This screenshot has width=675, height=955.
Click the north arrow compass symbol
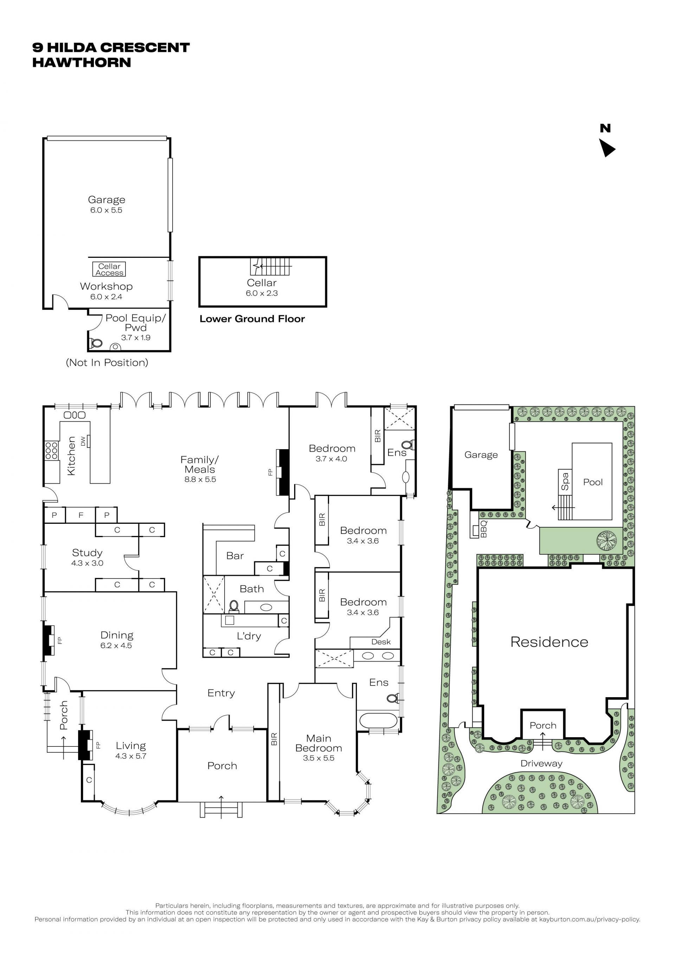point(607,148)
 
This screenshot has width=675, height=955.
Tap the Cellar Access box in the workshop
point(109,269)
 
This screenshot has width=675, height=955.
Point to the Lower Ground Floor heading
point(252,319)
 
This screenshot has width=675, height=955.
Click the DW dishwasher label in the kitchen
point(83,441)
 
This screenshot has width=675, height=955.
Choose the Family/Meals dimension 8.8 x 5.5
point(200,479)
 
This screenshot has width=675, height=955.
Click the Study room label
point(87,553)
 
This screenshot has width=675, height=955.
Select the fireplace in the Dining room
point(49,640)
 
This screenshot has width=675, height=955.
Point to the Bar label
point(235,556)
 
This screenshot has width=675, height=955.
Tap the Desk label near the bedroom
point(381,642)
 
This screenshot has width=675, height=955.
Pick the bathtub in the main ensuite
point(378,720)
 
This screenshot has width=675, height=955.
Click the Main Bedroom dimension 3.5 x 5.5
point(319,758)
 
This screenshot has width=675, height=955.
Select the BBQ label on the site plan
point(483,529)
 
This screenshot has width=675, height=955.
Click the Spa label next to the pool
point(565,481)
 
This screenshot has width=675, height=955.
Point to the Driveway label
point(541,764)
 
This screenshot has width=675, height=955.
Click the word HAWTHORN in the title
point(82,62)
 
